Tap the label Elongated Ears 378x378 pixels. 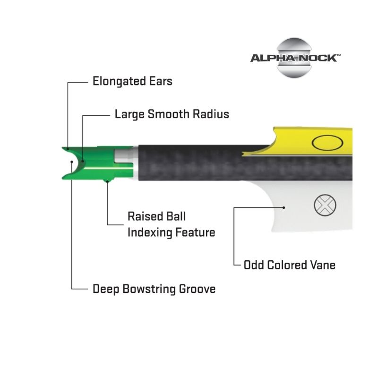[132, 81]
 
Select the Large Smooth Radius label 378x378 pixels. [172, 114]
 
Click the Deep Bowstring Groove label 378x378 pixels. [154, 289]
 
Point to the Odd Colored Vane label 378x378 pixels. [290, 265]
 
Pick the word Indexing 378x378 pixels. [149, 232]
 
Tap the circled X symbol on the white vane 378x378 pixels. [325, 205]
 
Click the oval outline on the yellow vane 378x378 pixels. [327, 143]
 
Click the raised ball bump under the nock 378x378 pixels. [107, 180]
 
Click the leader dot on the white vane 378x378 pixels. [284, 207]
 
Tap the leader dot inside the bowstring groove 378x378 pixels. [72, 162]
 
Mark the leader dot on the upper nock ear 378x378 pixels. [68, 149]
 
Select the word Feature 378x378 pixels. [195, 232]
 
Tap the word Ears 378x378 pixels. [161, 81]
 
